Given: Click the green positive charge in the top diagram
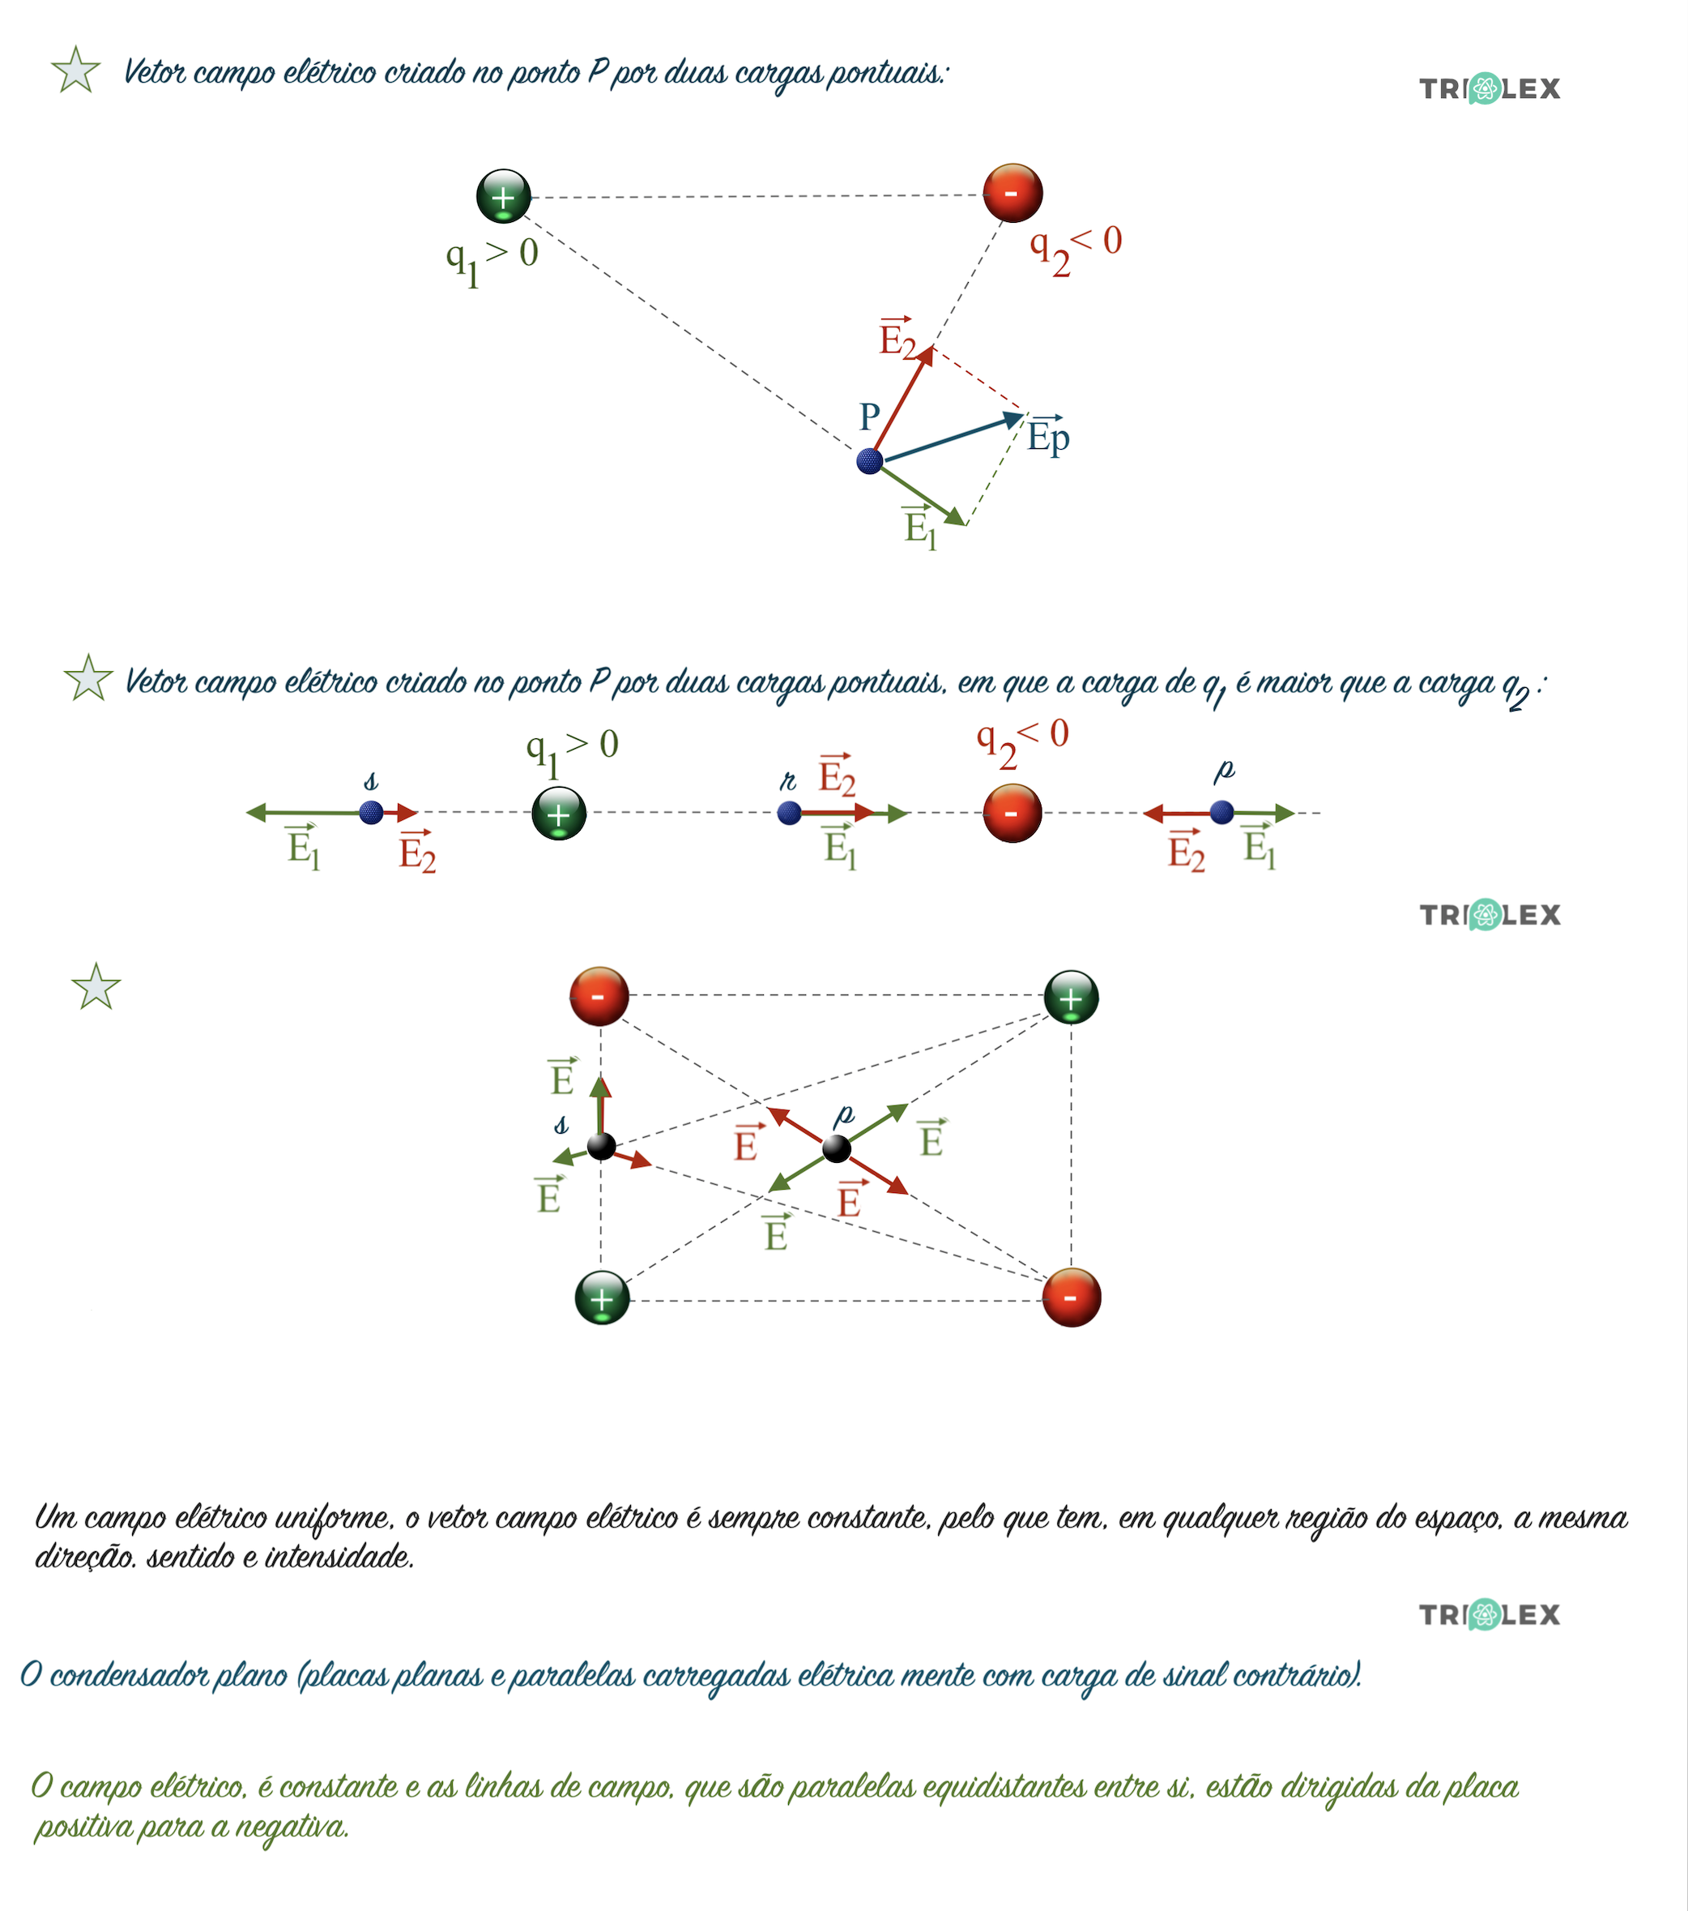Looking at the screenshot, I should [x=503, y=196].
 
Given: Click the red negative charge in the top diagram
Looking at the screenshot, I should [x=1012, y=193].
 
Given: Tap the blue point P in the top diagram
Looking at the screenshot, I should [x=869, y=461].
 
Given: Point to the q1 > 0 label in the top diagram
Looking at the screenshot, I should [x=492, y=259].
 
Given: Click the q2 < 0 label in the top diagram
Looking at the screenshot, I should [x=1075, y=248].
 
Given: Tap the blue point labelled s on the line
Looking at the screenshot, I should [x=371, y=811].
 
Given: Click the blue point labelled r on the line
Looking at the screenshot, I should [x=789, y=812].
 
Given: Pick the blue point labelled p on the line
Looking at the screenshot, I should [x=1221, y=812].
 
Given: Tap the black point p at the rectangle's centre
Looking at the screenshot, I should [x=837, y=1147].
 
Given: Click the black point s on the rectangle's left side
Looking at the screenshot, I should [x=601, y=1145].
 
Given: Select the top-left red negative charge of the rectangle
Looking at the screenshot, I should [x=599, y=997].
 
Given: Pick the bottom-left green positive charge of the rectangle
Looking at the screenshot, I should [x=602, y=1298].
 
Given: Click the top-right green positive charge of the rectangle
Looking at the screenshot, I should [x=1071, y=998].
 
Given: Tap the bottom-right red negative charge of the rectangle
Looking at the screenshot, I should [x=1071, y=1298].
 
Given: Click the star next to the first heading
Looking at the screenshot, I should [x=75, y=71].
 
